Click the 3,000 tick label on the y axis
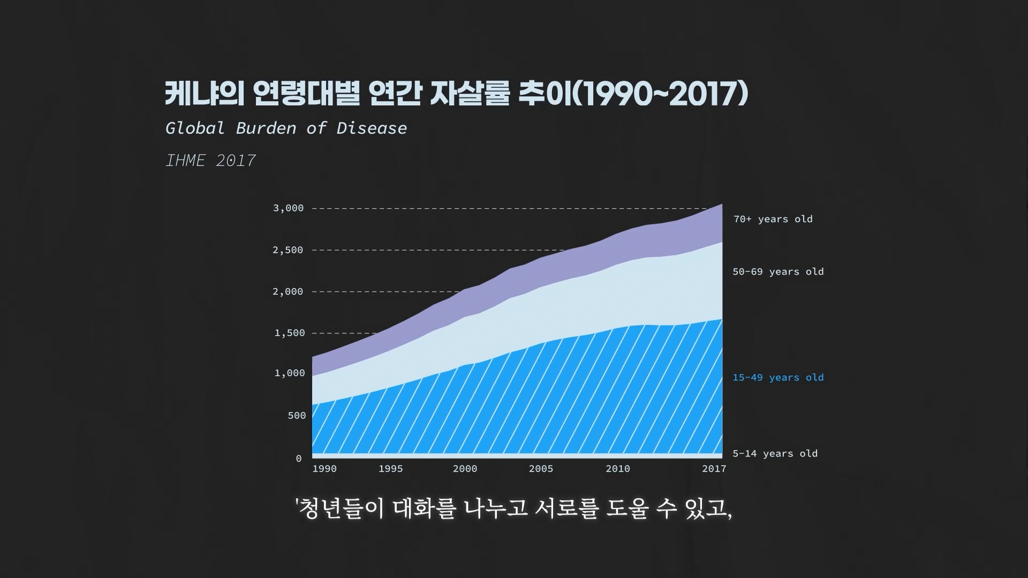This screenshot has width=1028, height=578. tap(288, 208)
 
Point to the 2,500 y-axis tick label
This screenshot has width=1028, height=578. tap(288, 250)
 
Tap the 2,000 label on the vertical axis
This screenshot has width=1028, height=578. tap(288, 292)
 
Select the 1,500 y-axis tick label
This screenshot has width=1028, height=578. tap(290, 333)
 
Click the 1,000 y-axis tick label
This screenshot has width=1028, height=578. tap(290, 373)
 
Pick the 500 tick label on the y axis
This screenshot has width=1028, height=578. tap(297, 415)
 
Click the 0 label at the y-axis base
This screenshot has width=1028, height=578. tap(299, 458)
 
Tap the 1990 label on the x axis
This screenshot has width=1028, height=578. tap(324, 469)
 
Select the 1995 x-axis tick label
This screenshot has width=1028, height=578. tap(390, 469)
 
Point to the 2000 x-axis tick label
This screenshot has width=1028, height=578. tap(465, 469)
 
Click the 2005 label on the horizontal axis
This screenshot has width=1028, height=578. tap(541, 469)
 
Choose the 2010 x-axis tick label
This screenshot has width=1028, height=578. tap(618, 469)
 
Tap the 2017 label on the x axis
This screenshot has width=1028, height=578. tap(714, 469)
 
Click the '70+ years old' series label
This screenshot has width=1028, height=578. tap(773, 219)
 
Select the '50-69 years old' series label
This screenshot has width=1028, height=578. tap(778, 271)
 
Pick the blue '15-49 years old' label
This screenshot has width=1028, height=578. tap(778, 377)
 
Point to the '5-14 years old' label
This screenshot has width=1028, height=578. tap(775, 453)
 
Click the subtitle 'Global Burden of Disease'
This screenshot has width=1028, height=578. tap(286, 128)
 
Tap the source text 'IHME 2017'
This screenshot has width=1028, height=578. tap(210, 161)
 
